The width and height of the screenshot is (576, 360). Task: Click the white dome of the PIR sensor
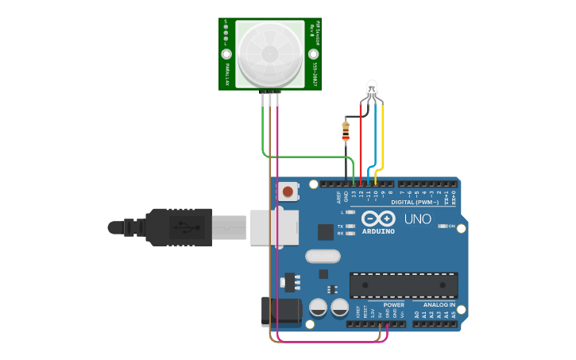click(x=269, y=52)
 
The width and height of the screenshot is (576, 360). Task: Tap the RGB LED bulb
click(x=372, y=89)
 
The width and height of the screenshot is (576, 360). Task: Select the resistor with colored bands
click(x=346, y=130)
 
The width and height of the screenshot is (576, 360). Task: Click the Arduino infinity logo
click(x=377, y=219)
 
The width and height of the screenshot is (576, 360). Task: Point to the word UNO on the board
click(x=418, y=219)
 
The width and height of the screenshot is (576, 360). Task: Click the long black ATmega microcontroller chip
click(x=404, y=285)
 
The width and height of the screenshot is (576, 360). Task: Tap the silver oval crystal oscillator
click(x=323, y=256)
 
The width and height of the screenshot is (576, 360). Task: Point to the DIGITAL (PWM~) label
click(x=421, y=203)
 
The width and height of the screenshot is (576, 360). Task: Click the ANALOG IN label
click(x=439, y=304)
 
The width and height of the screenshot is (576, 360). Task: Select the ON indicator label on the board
click(x=451, y=226)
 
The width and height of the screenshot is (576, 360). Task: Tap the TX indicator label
click(x=340, y=226)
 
